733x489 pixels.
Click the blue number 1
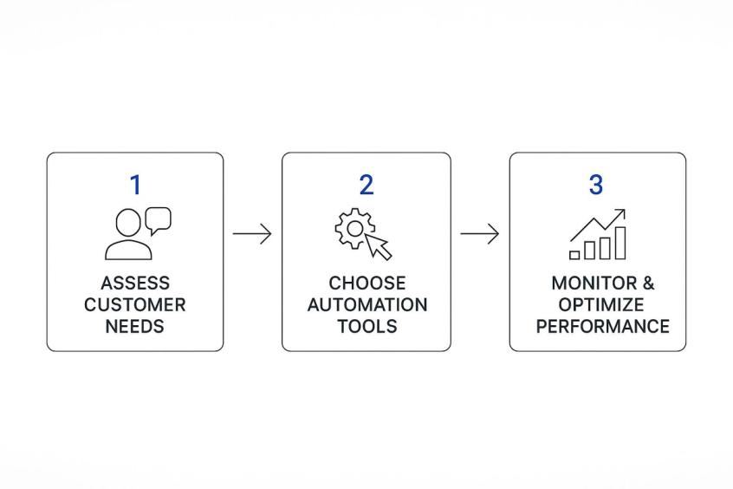tap(135, 185)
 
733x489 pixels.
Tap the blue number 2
tap(366, 185)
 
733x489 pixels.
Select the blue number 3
tap(595, 185)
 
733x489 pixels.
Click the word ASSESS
tap(135, 284)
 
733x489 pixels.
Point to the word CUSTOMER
tap(135, 304)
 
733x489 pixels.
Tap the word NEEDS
tap(134, 326)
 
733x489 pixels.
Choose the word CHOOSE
tap(367, 284)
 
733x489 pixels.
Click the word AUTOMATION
tap(367, 304)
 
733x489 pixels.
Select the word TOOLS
tap(367, 326)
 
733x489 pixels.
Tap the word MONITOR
tap(594, 284)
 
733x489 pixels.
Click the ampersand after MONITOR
tap(648, 284)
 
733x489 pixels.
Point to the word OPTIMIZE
tap(601, 304)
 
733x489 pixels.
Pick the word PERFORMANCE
tap(602, 326)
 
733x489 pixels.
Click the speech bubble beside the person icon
tap(159, 220)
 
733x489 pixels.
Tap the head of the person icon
tap(128, 223)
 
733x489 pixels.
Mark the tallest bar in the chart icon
tap(620, 243)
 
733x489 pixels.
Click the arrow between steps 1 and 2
tap(252, 233)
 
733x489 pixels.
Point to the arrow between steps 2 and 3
tap(480, 233)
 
